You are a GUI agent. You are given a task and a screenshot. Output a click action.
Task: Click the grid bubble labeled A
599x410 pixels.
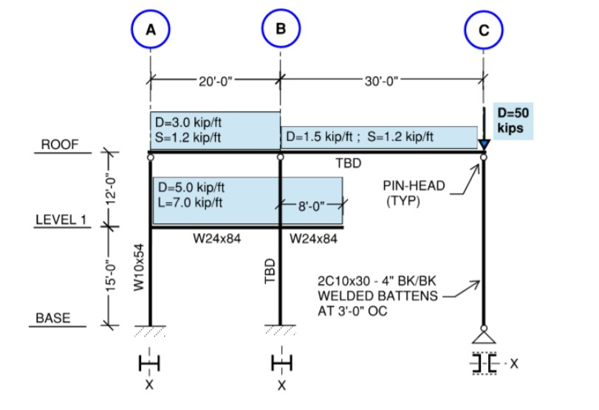151,30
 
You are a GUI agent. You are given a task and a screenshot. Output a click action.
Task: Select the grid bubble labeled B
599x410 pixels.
280,30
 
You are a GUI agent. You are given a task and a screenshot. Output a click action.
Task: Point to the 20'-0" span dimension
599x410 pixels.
216,80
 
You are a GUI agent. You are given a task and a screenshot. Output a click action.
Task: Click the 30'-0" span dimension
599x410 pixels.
381,80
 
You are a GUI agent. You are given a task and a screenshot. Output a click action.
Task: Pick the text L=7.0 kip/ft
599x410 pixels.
188,203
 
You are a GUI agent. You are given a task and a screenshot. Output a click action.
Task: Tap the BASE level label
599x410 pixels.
53,318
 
